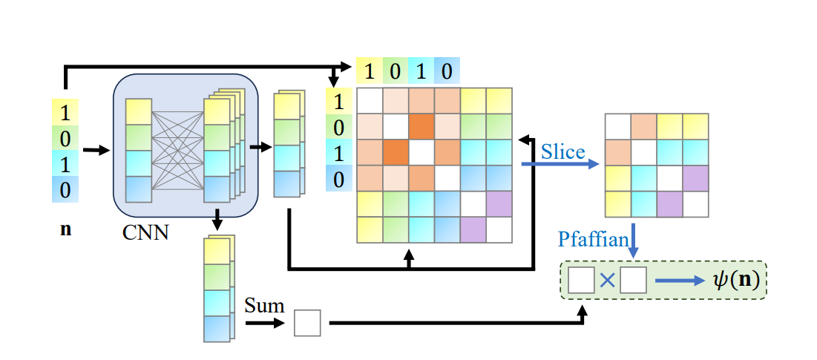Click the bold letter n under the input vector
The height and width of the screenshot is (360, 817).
[65, 229]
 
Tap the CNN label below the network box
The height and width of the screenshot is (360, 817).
[145, 232]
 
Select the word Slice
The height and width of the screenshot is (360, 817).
[562, 152]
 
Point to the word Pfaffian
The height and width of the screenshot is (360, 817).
[591, 239]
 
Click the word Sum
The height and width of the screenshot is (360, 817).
[264, 305]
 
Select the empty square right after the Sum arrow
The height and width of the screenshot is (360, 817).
[307, 323]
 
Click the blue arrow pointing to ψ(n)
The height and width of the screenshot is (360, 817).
[677, 281]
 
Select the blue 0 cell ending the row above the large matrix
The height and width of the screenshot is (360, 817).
[447, 71]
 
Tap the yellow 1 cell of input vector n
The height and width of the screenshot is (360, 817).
[65, 113]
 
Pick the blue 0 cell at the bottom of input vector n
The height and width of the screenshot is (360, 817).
[65, 190]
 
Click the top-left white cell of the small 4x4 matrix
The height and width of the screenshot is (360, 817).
[618, 126]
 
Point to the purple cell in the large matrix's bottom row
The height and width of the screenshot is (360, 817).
[473, 229]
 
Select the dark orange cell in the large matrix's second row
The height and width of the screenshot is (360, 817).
[421, 126]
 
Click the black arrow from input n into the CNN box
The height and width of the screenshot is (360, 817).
[96, 151]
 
